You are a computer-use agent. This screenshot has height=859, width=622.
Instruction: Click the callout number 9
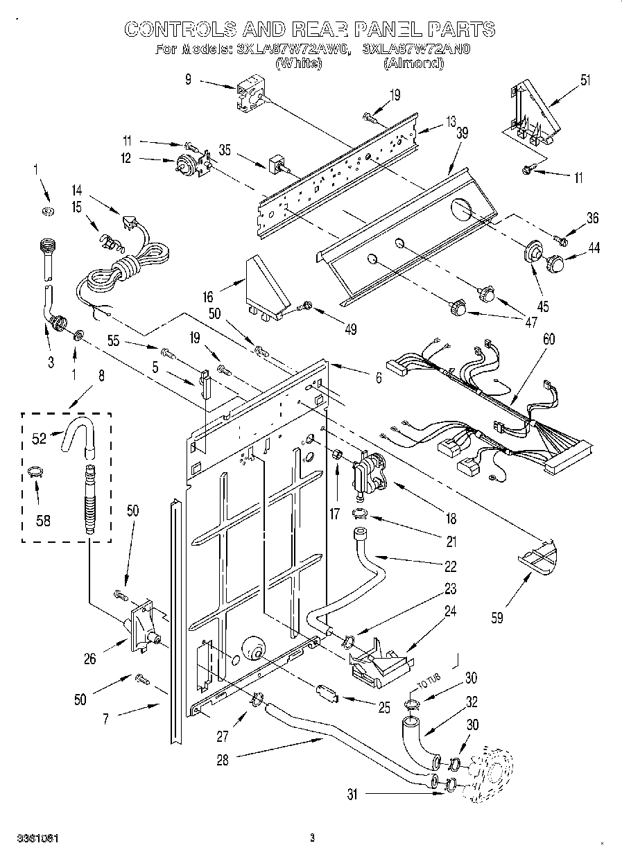[188, 80]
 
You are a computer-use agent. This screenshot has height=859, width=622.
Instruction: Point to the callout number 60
[549, 340]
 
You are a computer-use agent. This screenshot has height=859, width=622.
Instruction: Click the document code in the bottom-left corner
[34, 838]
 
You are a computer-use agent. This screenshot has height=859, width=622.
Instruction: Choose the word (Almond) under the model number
[413, 63]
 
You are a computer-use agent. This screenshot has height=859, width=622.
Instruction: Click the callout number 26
[90, 659]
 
